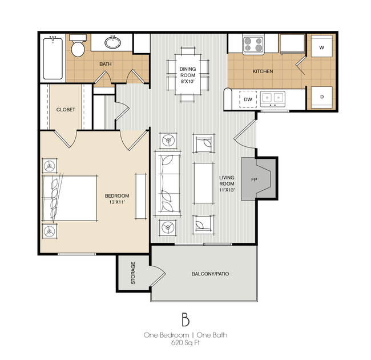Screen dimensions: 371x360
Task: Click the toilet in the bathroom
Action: [x=78, y=46]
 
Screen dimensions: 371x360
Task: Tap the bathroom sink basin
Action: [x=112, y=42]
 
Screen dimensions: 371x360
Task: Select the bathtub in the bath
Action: [x=53, y=58]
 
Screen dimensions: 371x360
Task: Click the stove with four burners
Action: [x=253, y=45]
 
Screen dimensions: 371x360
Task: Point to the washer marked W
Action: [x=321, y=46]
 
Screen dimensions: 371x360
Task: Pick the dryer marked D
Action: [x=321, y=97]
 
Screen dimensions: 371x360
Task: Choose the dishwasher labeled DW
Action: [x=248, y=99]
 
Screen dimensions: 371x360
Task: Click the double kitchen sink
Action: [x=273, y=99]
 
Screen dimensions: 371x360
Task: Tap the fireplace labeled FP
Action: [x=259, y=179]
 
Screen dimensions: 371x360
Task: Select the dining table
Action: [x=188, y=75]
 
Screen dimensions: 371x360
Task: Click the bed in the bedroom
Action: [x=70, y=198]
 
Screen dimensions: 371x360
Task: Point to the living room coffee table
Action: [x=204, y=183]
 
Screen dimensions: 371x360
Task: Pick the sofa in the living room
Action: [x=167, y=183]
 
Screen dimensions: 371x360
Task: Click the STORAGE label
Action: [x=133, y=273]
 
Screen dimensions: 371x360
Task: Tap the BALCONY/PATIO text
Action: [x=210, y=274]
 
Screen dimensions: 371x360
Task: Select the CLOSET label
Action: [x=66, y=110]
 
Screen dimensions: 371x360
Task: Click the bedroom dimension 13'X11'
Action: [x=117, y=202]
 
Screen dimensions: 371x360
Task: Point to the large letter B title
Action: [x=185, y=319]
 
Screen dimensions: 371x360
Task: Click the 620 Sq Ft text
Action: [x=185, y=343]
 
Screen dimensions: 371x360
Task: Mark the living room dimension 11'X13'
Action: [x=227, y=190]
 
